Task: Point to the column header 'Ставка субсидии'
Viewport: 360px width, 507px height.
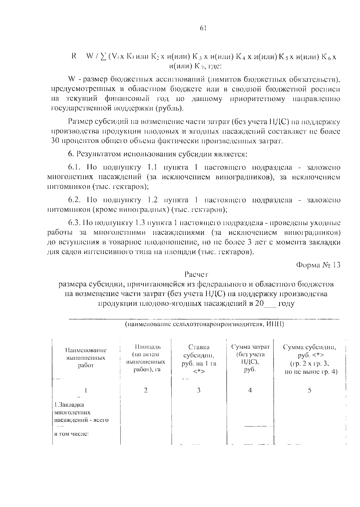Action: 199,359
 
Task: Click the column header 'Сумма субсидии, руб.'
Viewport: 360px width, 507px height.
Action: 310,359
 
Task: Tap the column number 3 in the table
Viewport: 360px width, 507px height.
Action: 199,390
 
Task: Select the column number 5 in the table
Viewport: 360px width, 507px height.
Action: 310,390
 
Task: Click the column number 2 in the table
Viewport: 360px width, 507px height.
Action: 145,390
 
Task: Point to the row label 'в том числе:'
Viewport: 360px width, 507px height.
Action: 71,434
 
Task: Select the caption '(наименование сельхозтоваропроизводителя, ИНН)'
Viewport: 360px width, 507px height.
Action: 204,324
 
